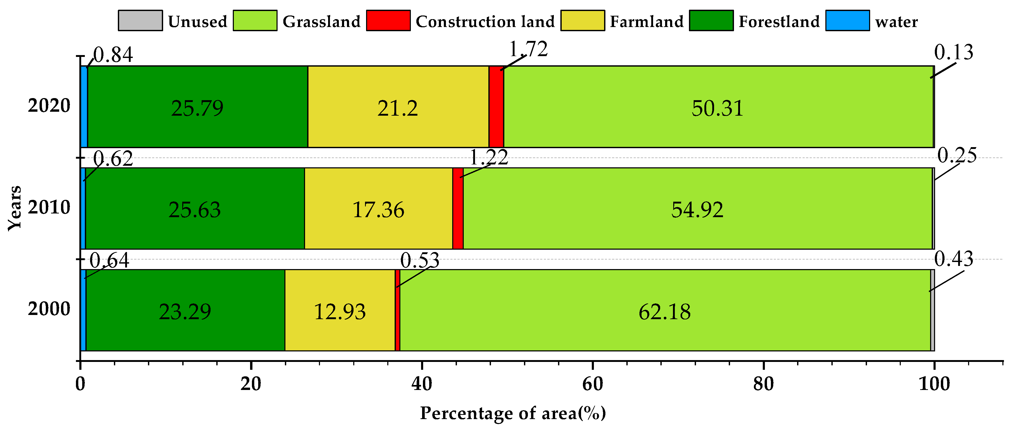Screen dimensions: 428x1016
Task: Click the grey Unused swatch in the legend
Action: tap(140, 20)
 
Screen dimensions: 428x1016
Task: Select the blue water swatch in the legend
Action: tap(847, 20)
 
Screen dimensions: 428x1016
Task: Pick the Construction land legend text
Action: tap(485, 21)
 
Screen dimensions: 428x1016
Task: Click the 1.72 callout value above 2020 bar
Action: tap(528, 49)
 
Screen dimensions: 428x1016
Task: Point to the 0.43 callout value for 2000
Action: tap(954, 259)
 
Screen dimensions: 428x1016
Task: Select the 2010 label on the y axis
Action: tap(49, 207)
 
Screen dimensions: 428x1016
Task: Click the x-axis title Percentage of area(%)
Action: tap(513, 413)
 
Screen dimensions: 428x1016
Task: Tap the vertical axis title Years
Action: tap(15, 208)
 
